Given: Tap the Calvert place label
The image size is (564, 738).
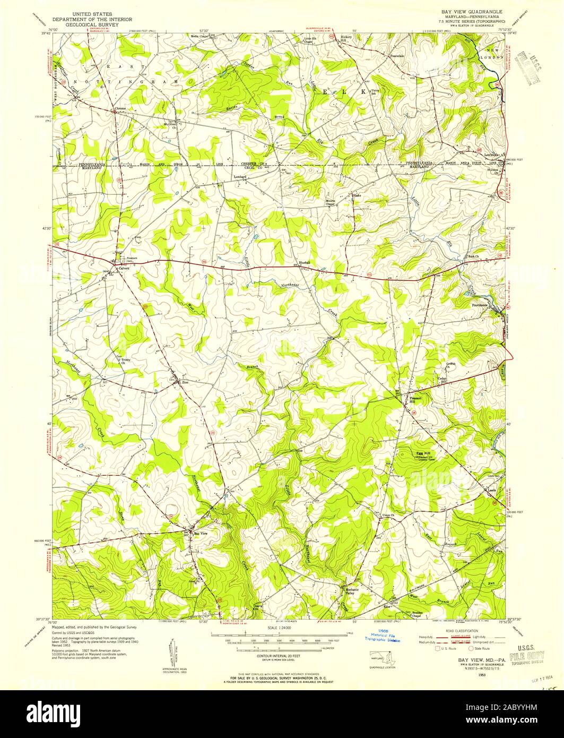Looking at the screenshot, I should [124, 268].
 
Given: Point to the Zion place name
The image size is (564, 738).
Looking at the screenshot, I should [185, 382].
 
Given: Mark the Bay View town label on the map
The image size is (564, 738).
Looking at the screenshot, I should [200, 533].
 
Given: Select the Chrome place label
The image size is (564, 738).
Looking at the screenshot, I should [120, 109].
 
